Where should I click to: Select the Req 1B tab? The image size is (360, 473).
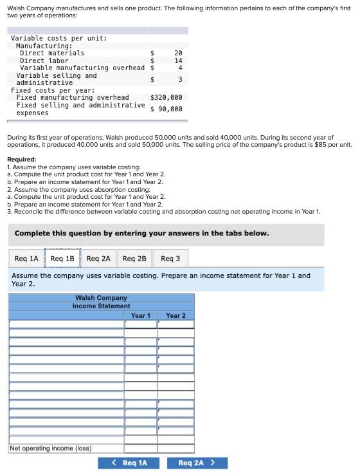click(x=62, y=259)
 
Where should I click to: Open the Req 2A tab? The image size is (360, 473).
click(x=98, y=259)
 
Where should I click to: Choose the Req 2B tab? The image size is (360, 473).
click(x=134, y=259)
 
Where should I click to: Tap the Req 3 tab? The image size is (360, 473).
click(x=170, y=259)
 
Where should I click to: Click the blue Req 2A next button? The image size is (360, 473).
click(x=196, y=463)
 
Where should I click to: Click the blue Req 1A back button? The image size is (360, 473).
click(x=129, y=463)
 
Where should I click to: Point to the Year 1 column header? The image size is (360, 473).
click(x=141, y=315)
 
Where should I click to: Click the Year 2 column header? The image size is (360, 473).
click(x=175, y=315)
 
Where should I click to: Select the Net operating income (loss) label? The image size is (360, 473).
click(x=50, y=448)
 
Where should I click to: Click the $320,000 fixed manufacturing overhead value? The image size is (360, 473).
click(x=166, y=98)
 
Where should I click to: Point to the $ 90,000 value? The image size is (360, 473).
click(x=166, y=109)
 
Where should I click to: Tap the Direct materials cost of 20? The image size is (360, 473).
click(x=179, y=53)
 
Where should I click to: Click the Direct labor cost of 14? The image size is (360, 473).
click(x=179, y=60)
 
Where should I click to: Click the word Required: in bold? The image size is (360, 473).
click(x=21, y=160)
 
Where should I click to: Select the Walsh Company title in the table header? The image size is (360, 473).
click(x=101, y=298)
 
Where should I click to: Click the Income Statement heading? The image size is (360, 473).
click(x=101, y=306)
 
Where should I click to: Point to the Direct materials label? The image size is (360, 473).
click(x=52, y=53)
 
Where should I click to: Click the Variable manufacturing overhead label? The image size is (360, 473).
click(x=82, y=68)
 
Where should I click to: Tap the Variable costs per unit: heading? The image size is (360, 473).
click(x=59, y=38)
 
